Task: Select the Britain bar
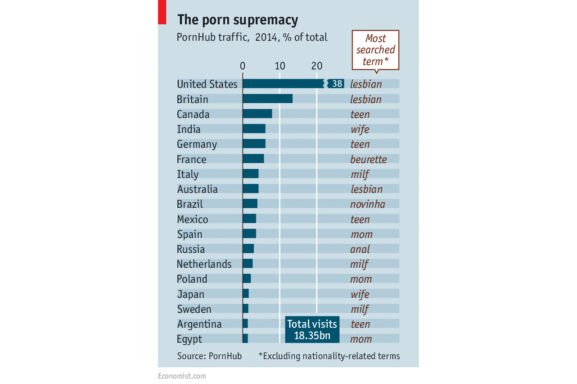click(267, 99)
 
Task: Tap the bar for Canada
click(257, 114)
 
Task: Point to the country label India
click(189, 129)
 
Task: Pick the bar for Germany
click(254, 144)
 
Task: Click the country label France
click(191, 160)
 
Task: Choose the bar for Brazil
click(250, 204)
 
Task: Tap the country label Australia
click(197, 189)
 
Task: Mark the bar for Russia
click(248, 249)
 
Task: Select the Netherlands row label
click(204, 264)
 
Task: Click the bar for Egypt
click(245, 339)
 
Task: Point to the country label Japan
click(190, 294)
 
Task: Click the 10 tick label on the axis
click(280, 66)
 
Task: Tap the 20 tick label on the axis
click(317, 66)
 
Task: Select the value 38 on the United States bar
click(338, 84)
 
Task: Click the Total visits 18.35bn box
click(311, 329)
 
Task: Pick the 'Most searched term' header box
click(375, 50)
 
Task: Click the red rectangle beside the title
click(162, 12)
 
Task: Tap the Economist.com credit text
click(182, 375)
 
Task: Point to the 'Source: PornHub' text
click(209, 356)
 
